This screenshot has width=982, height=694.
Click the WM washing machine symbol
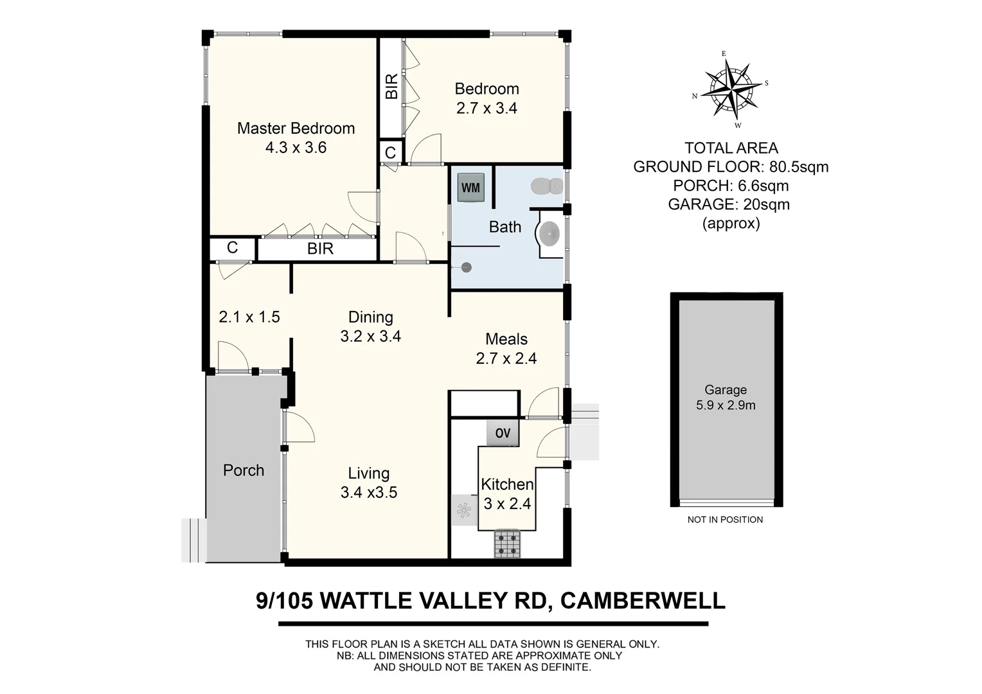470,188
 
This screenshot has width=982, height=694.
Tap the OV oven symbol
503,433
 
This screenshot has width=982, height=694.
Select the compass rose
731,89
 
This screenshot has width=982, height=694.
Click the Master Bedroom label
296,129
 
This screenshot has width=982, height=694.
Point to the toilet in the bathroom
547,186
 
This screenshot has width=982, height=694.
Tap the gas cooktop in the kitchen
507,544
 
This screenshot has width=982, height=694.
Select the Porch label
244,470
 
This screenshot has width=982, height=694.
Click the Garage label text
726,389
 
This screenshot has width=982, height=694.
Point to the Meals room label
506,339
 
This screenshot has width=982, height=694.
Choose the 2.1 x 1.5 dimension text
249,317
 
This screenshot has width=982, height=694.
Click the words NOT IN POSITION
725,519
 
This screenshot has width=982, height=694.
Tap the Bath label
505,227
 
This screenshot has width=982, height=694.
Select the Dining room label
371,317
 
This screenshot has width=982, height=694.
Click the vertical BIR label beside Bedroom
391,86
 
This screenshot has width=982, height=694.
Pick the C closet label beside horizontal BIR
233,248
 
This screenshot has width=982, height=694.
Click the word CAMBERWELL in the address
643,601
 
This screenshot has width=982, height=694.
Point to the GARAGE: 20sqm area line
729,204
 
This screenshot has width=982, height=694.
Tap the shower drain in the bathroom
467,267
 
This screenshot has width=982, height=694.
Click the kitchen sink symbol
463,510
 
